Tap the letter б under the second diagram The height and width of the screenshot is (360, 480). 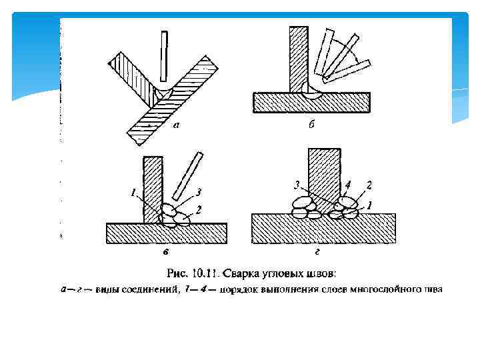tap(311, 127)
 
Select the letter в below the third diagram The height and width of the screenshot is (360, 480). tap(164, 253)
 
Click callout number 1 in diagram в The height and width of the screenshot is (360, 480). tap(133, 193)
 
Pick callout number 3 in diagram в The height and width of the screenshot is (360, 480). tap(198, 192)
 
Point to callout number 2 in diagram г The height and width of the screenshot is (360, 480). tap(369, 183)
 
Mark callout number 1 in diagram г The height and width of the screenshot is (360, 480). tap(370, 204)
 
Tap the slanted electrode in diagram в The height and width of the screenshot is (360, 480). tap(186, 176)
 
